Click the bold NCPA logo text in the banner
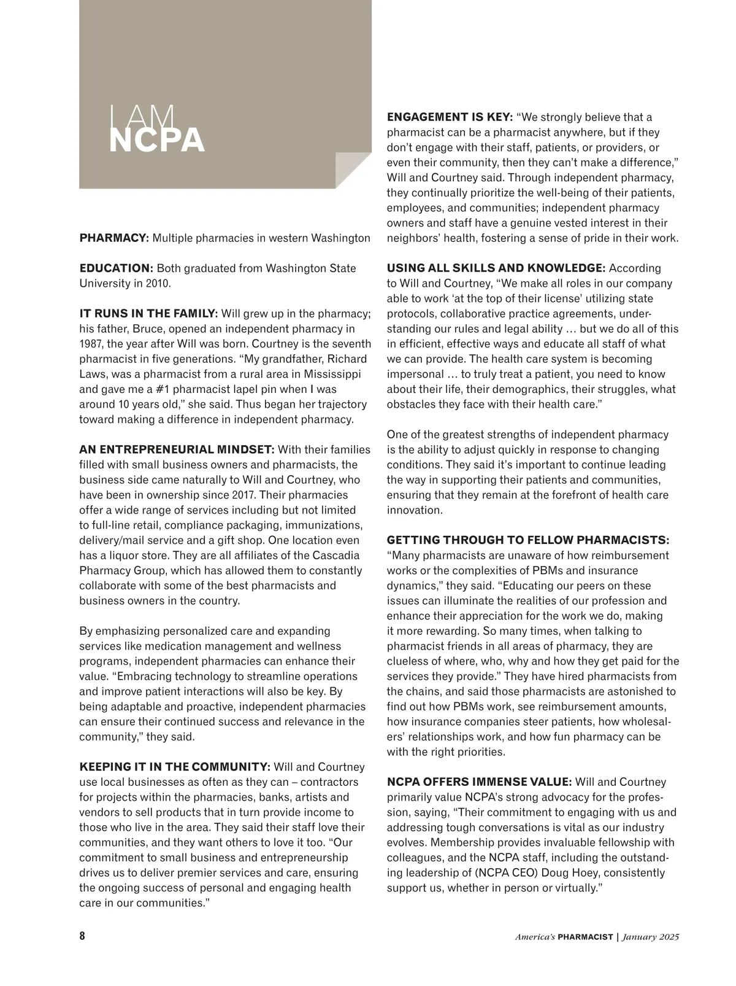tap(156, 140)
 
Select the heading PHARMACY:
tap(114, 238)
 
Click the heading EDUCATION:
tap(116, 268)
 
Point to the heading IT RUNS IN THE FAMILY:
tap(148, 314)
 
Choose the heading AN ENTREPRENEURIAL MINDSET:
tap(177, 449)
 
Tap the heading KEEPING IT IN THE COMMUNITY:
tap(175, 767)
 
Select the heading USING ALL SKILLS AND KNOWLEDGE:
tap(496, 268)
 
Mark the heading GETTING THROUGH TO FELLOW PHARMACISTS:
tap(528, 540)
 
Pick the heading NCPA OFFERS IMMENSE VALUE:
tap(479, 782)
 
